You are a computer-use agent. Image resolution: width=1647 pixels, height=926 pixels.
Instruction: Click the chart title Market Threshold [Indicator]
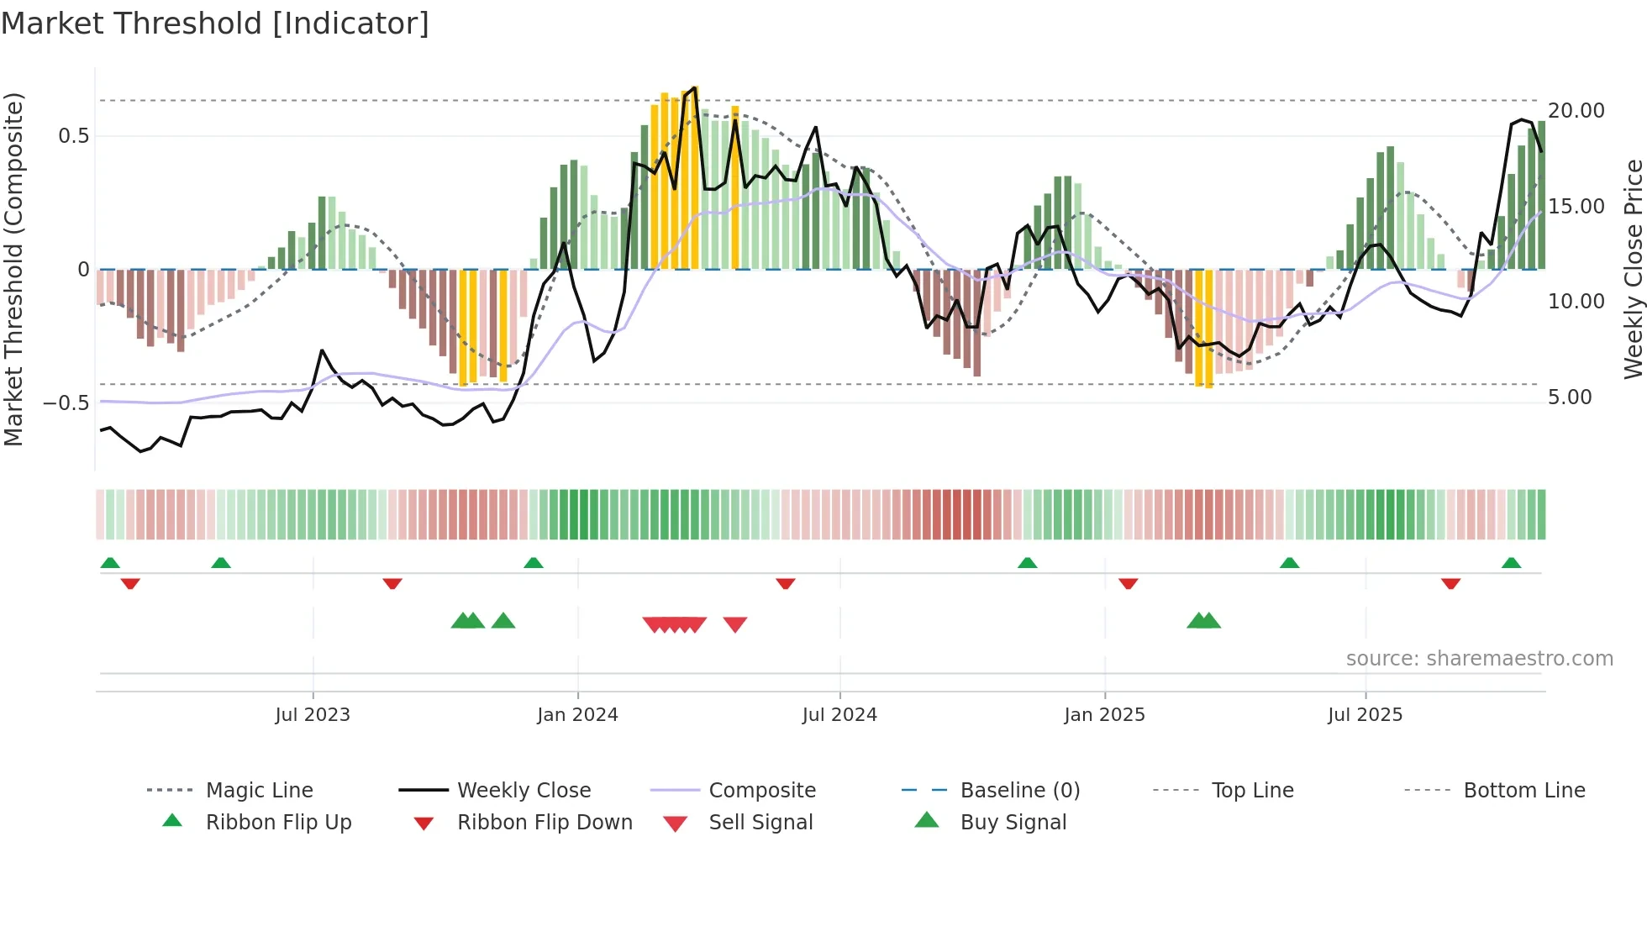coord(215,24)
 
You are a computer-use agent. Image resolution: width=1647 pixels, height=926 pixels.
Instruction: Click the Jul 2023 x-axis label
coord(313,714)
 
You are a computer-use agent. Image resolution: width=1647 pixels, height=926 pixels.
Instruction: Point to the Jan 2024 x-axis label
coord(577,714)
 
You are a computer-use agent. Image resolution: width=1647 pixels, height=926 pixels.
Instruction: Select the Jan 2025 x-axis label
coord(1104,714)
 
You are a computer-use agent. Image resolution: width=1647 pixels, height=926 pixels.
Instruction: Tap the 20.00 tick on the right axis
coord(1576,111)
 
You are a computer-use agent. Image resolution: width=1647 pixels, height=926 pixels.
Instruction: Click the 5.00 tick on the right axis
coord(1570,397)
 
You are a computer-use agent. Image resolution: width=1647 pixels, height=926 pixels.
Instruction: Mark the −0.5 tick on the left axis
coord(66,402)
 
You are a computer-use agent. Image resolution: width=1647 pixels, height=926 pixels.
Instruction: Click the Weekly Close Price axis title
coord(1633,269)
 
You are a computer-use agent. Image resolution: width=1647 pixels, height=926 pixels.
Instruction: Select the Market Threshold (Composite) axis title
coord(13,269)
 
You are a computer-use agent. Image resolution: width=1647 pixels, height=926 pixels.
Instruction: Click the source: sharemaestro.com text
coord(1479,658)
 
